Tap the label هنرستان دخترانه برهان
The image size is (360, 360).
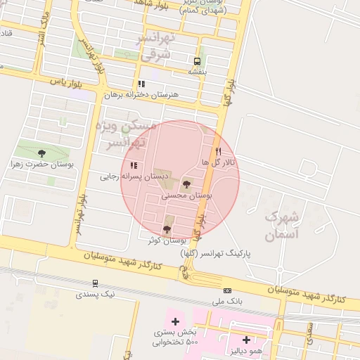point(142,94)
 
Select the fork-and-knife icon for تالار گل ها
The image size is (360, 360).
point(218,151)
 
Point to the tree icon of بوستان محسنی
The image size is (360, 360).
point(186,184)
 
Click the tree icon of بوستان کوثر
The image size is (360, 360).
point(167,229)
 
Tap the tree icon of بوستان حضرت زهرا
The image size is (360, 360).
point(41,153)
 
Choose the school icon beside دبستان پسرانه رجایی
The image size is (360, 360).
point(134,166)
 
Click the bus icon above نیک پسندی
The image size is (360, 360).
point(95,283)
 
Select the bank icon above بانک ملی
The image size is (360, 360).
point(227,290)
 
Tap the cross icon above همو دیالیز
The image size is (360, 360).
point(246,340)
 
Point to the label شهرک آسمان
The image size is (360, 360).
point(283,225)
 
